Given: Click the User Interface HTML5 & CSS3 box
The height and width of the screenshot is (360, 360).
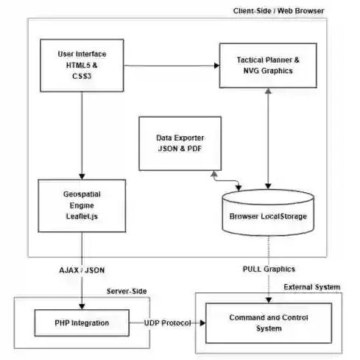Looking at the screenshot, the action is click(82, 66).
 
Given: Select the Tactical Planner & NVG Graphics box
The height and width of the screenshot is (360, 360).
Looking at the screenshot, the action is click(268, 66).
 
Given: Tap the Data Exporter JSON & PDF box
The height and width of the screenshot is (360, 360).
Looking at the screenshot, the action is click(180, 144).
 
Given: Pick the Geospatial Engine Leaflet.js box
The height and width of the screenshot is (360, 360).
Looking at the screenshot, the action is click(82, 205).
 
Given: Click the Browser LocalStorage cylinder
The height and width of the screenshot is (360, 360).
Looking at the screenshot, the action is click(268, 213).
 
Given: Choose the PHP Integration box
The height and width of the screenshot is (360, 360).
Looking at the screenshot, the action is click(82, 322).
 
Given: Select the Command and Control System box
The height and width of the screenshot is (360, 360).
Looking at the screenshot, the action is click(269, 323).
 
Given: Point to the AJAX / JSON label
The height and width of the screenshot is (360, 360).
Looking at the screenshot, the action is click(82, 270).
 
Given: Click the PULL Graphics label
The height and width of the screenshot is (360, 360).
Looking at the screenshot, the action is click(269, 269).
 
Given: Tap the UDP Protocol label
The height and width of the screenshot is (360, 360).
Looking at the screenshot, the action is click(167, 322).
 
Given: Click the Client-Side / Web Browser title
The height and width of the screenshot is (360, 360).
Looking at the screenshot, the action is click(278, 11).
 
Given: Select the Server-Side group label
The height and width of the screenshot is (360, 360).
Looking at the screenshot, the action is click(127, 291).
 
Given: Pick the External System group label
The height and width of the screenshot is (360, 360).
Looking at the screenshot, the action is click(312, 287).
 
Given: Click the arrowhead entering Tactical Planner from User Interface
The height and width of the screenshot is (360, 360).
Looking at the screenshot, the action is click(216, 66).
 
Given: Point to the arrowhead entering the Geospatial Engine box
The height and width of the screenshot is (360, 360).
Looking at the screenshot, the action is click(82, 177).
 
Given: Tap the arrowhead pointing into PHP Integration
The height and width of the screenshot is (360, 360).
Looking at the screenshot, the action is click(82, 306).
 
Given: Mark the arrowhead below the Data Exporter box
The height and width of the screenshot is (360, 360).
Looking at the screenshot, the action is click(214, 174).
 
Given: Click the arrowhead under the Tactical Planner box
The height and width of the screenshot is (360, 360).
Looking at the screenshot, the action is click(268, 91).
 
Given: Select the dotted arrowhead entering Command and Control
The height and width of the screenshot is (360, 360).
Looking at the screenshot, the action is click(269, 300).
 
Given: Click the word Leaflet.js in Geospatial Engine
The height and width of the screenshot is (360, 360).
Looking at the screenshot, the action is click(82, 216).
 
